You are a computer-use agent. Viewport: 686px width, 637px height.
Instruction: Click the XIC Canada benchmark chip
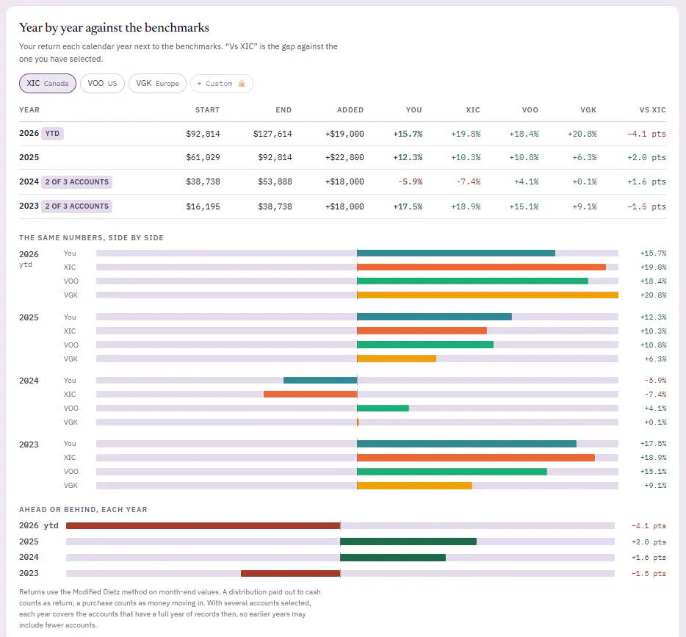pyautogui.click(x=48, y=83)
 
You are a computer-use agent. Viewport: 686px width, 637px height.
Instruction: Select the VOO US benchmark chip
pyautogui.click(x=102, y=83)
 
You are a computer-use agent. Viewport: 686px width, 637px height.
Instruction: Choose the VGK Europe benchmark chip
pyautogui.click(x=157, y=83)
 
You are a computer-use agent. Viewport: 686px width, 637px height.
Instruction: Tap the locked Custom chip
pyautogui.click(x=221, y=83)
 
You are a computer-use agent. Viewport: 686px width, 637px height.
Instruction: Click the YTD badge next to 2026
pyautogui.click(x=52, y=134)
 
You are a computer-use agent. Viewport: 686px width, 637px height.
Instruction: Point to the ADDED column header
pyautogui.click(x=350, y=109)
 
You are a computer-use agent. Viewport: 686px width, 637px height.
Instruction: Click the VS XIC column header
pyautogui.click(x=652, y=109)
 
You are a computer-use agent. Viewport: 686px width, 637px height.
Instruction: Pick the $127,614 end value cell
pyautogui.click(x=272, y=134)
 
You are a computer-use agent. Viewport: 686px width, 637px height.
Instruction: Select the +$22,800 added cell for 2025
pyautogui.click(x=344, y=157)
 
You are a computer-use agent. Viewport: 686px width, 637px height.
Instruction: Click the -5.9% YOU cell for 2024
pyautogui.click(x=411, y=181)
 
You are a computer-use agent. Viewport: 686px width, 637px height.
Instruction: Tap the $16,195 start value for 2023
pyautogui.click(x=203, y=206)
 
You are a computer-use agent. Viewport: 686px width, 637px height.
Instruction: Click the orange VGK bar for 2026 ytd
pyautogui.click(x=488, y=295)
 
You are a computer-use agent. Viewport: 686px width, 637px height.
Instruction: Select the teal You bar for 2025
pyautogui.click(x=434, y=317)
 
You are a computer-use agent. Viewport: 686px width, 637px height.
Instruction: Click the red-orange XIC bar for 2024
pyautogui.click(x=311, y=395)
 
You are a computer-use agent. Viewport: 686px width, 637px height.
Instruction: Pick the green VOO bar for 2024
pyautogui.click(x=383, y=409)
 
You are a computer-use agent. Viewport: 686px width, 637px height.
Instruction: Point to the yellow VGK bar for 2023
pyautogui.click(x=415, y=485)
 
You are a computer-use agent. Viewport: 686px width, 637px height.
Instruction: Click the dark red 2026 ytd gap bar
pyautogui.click(x=203, y=526)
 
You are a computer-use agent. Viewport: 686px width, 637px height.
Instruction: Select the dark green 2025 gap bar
pyautogui.click(x=408, y=541)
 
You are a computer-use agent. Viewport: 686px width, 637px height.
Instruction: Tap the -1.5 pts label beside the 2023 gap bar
pyautogui.click(x=649, y=574)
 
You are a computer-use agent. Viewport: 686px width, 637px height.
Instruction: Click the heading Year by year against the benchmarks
pyautogui.click(x=114, y=28)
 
